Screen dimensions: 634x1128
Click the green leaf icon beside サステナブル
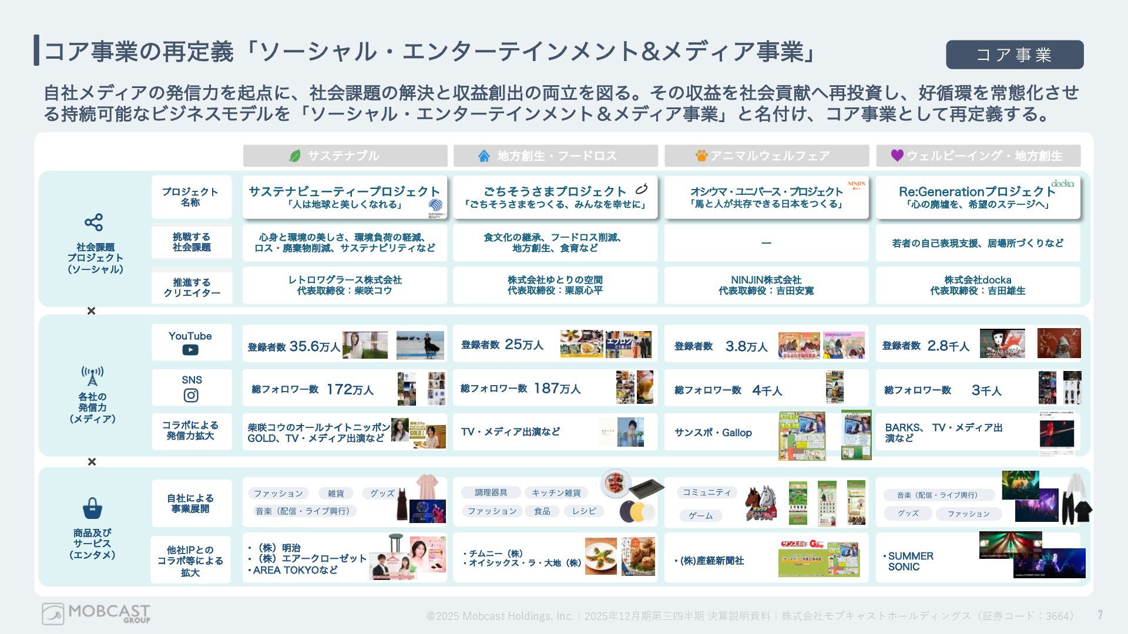pos(295,156)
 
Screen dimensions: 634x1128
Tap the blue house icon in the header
pos(484,156)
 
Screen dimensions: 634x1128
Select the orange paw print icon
pos(701,156)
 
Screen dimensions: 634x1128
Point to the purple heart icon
pos(897,155)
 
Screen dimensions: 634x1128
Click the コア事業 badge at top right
pos(1015,55)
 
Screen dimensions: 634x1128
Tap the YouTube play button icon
pos(190,350)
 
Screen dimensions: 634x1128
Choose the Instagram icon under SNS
pos(191,396)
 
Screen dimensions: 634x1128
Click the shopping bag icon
pos(92,508)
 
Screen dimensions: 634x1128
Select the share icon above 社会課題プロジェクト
pos(93,222)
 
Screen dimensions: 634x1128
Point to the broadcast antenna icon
pos(92,376)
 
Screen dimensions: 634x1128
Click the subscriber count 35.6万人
pos(314,346)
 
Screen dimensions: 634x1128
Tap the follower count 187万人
pos(556,389)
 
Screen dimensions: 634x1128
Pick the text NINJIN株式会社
pos(766,280)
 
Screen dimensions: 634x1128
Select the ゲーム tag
pos(700,515)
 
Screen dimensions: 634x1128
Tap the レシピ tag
pos(584,511)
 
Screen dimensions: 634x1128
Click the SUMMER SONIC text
pos(910,561)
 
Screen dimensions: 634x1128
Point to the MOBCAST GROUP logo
pos(96,614)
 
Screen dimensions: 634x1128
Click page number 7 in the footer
pos(1100,615)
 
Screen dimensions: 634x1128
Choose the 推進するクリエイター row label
pos(192,288)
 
